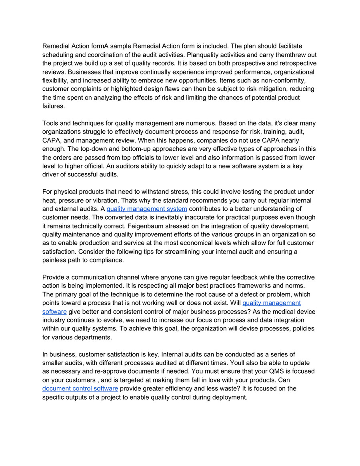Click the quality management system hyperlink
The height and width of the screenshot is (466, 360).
147,209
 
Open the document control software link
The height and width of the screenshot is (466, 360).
80,388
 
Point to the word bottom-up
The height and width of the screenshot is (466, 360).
123,149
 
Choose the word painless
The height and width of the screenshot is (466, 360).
55,260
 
